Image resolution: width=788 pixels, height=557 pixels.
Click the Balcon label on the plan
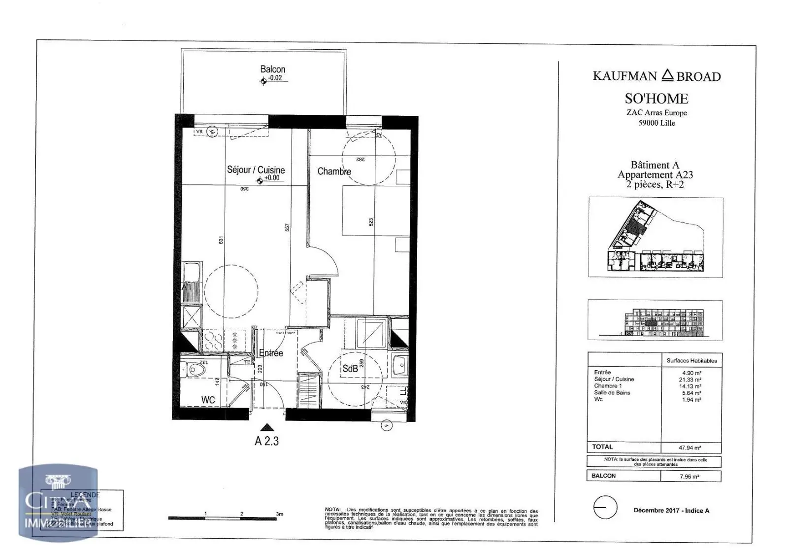pyautogui.click(x=272, y=70)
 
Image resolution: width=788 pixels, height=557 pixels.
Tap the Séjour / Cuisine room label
pyautogui.click(x=256, y=170)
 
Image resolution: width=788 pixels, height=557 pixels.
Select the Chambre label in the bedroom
pyautogui.click(x=334, y=172)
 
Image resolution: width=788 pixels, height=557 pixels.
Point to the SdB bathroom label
pyautogui.click(x=350, y=368)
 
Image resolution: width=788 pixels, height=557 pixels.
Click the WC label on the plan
pyautogui.click(x=208, y=400)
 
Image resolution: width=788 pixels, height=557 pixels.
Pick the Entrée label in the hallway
pyautogui.click(x=271, y=353)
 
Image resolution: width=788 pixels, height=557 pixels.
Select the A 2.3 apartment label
pyautogui.click(x=266, y=441)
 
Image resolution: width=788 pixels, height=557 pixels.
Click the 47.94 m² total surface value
pyautogui.click(x=690, y=448)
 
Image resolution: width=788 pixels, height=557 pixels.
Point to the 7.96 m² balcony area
pyautogui.click(x=689, y=477)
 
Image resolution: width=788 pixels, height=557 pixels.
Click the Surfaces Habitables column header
pyautogui.click(x=691, y=361)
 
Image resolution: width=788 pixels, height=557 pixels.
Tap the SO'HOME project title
pyautogui.click(x=657, y=99)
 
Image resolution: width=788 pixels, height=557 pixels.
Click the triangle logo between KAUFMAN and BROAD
pyautogui.click(x=667, y=75)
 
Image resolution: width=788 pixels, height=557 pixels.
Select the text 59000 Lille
pyautogui.click(x=657, y=123)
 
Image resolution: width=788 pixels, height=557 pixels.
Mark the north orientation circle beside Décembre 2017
pyautogui.click(x=605, y=507)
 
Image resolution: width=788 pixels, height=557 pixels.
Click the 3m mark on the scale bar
pyautogui.click(x=279, y=514)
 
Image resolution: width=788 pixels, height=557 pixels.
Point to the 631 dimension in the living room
pyautogui.click(x=221, y=240)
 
